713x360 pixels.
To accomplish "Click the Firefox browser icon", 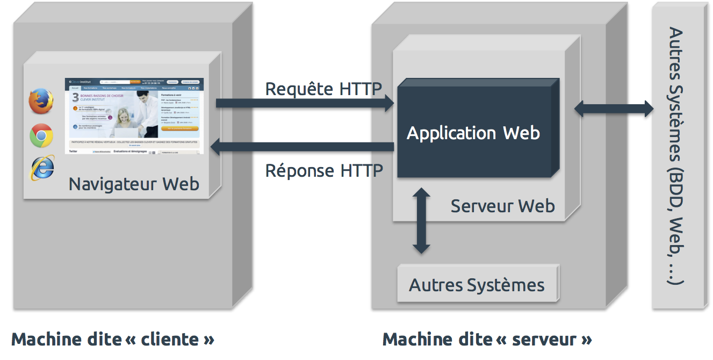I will (x=41, y=102).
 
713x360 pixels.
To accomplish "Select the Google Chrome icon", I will (x=41, y=135).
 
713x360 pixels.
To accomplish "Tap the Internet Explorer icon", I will (x=41, y=168).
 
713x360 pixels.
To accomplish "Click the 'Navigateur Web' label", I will (x=134, y=184).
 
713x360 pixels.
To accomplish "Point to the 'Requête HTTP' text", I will (x=323, y=89).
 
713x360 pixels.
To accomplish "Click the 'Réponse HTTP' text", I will (x=324, y=171).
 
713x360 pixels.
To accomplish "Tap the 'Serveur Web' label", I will (x=502, y=206).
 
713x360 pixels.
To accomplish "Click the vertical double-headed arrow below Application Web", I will (x=422, y=220).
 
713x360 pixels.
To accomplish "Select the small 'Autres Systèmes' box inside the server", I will (x=477, y=284).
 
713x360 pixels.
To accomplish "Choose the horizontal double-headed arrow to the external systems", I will (x=614, y=109).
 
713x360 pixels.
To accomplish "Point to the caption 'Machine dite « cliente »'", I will (x=113, y=340).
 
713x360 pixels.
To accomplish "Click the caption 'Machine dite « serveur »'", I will (x=487, y=340).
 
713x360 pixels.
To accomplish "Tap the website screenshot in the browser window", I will (x=134, y=116).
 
